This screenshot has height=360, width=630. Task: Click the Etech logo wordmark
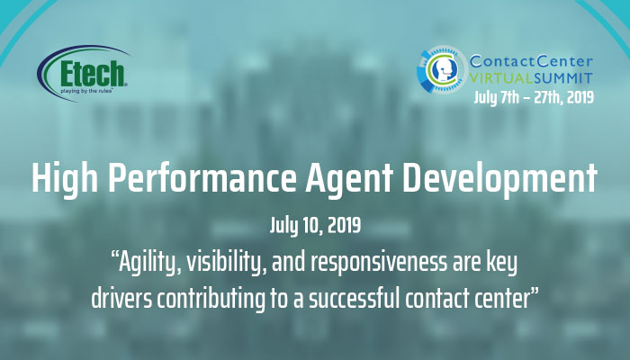coord(93,74)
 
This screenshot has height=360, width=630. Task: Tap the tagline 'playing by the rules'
coord(86,91)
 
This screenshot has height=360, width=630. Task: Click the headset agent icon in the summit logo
coord(442,68)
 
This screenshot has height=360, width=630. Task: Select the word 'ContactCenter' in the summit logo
coord(531,61)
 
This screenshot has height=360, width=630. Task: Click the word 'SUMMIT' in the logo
coord(563,78)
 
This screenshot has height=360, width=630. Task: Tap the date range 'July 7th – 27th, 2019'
coord(533,97)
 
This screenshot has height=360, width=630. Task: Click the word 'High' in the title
coord(65,179)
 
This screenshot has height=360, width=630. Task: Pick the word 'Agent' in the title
coord(349,180)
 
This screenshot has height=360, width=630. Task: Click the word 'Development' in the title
coord(499,180)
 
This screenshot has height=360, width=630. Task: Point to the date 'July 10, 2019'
coord(315,225)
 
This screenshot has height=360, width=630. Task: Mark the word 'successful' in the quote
coord(354,299)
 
